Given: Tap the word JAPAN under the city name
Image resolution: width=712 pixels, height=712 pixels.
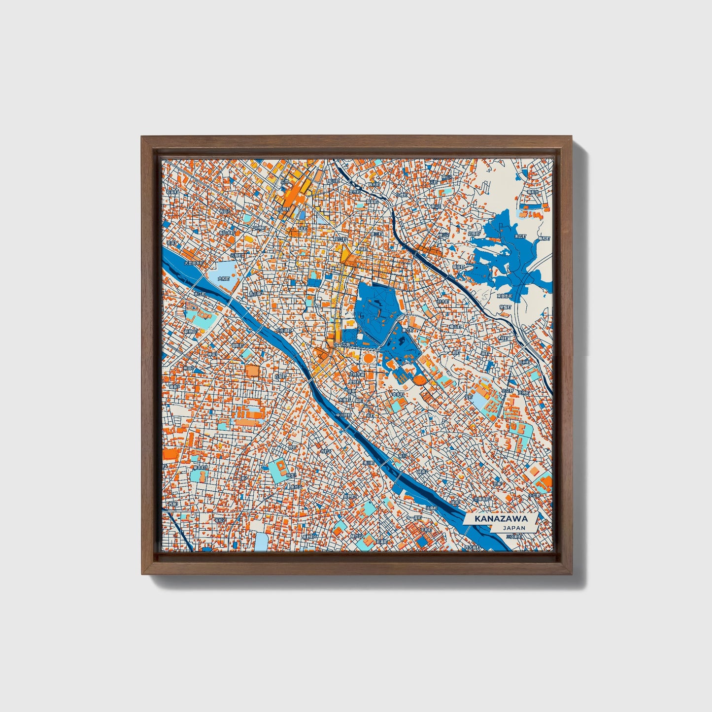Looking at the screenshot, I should (514, 528).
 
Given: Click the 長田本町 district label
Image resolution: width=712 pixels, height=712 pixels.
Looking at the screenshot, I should (226, 233).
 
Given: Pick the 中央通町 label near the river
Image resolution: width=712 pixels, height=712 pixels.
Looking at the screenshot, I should (284, 331).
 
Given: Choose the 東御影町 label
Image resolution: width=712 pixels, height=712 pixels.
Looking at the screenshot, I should (504, 296).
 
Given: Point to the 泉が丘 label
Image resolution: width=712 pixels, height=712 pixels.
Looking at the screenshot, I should (296, 487).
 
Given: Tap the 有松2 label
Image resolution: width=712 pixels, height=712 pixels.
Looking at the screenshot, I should (220, 520).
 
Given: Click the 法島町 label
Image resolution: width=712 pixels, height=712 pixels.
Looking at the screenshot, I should (431, 508).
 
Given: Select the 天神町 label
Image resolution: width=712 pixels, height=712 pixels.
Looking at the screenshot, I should (523, 393).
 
